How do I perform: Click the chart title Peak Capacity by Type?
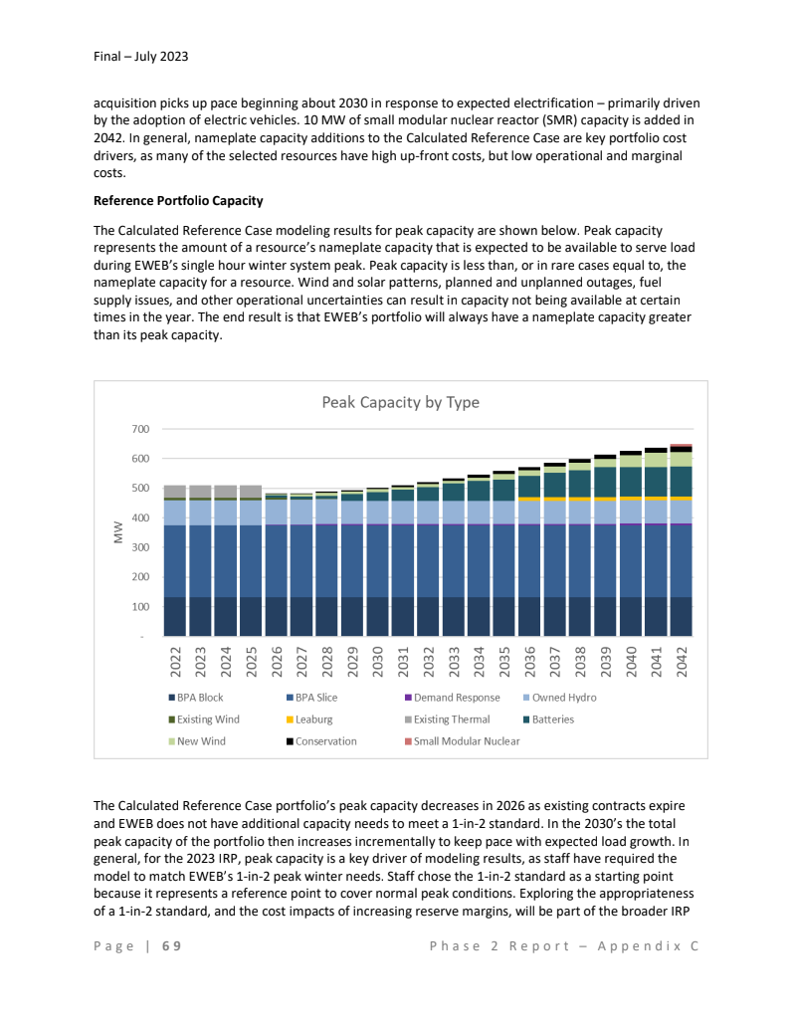400,402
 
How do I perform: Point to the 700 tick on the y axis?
140,429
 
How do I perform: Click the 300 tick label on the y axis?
140,547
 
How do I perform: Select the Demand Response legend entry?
457,698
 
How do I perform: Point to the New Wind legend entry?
200,741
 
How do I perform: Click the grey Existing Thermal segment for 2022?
176,491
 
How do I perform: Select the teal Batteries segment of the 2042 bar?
682,481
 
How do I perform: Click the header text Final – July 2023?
134,57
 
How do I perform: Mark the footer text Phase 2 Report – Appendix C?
564,945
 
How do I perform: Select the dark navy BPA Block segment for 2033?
454,616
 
